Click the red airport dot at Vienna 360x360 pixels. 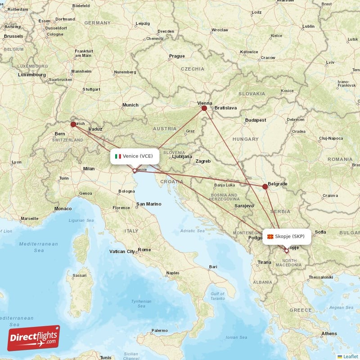pos(204,108)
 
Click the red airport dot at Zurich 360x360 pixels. pos(73,124)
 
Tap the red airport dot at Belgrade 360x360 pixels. pos(265,186)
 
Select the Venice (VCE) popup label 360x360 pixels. pos(135,156)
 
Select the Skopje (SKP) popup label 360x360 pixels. pos(287,236)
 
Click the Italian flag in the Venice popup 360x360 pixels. pos(118,156)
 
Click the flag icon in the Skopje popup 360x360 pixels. pos(270,236)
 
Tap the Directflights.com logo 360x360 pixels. pos(34,338)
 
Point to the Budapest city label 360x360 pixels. pos(256,120)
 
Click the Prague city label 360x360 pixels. pos(176,56)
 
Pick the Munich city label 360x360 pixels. pos(130,105)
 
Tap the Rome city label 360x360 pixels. pos(144,250)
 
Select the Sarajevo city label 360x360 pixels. pos(244,206)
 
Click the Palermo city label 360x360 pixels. pos(159,330)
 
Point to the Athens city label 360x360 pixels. pos(329,333)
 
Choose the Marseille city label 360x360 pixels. pos(30,218)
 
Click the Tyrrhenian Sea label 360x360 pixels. pos(141,303)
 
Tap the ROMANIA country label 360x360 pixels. pos(340,159)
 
